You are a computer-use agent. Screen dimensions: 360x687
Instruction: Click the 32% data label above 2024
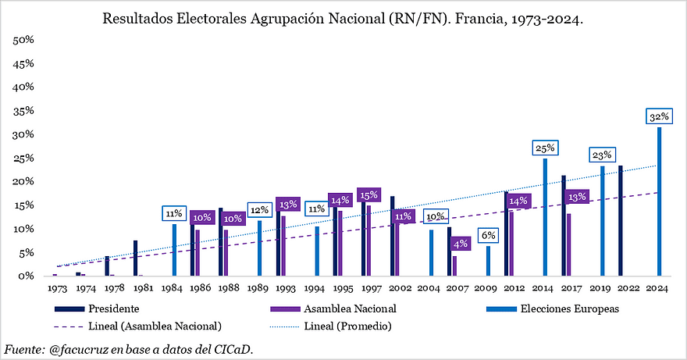[659, 117]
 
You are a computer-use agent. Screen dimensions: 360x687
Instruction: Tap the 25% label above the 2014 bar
[545, 147]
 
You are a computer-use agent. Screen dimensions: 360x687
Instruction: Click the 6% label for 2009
[489, 235]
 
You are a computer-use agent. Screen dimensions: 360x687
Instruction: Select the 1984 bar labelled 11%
[173, 250]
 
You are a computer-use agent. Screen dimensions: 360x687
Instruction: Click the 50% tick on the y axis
[23, 40]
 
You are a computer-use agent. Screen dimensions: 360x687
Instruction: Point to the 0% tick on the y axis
[25, 276]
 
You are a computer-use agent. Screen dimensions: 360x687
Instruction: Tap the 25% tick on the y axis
[23, 158]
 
